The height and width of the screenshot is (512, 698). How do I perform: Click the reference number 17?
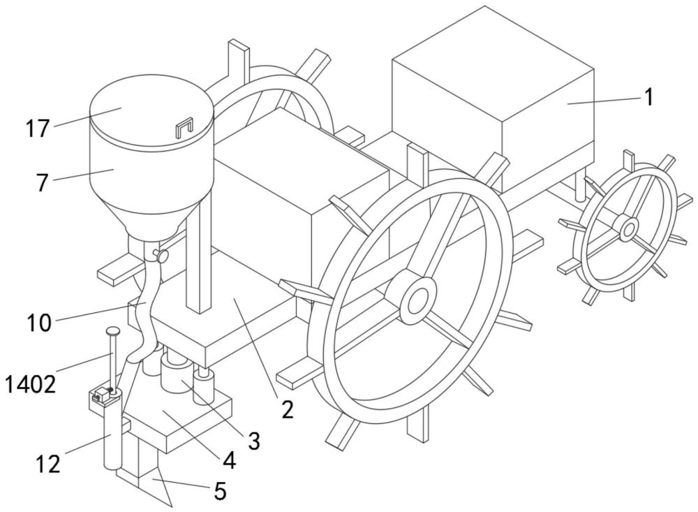[39, 129]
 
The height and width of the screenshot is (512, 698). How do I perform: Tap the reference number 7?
[43, 183]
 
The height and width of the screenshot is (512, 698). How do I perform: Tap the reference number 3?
[253, 441]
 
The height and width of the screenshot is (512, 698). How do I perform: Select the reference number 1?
[648, 97]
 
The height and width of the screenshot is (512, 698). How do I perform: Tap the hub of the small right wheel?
[628, 228]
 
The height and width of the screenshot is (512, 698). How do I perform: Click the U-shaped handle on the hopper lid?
[183, 128]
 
